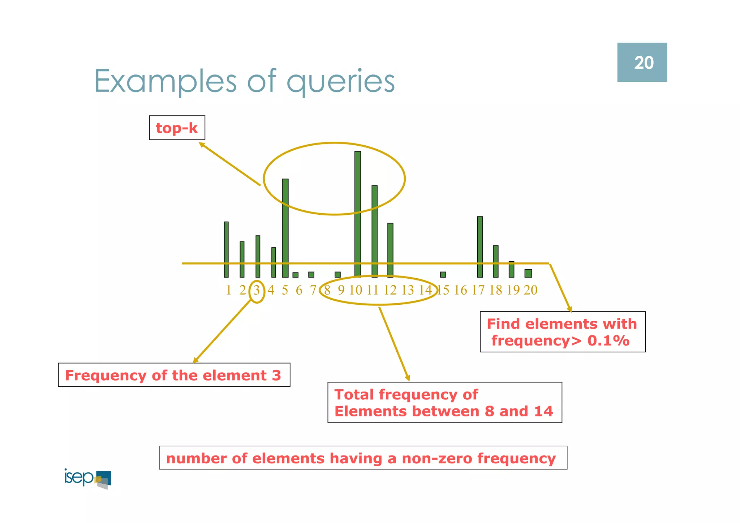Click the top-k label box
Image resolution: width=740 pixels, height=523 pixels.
[x=177, y=128]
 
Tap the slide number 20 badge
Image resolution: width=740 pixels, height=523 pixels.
[x=642, y=63]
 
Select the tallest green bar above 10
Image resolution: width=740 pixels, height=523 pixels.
[x=358, y=213]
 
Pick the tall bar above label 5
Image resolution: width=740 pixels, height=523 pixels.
[x=285, y=228]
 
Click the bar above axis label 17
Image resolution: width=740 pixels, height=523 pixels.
[x=480, y=247]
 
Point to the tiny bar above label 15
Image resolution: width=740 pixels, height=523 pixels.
[x=443, y=275]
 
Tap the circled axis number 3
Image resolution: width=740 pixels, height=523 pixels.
[x=257, y=290]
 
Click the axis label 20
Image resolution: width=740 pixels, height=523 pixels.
[x=530, y=290]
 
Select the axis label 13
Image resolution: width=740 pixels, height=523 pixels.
[x=408, y=290]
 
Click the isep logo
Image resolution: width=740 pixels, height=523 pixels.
[x=88, y=479]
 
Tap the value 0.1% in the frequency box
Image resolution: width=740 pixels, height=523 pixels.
[x=608, y=341]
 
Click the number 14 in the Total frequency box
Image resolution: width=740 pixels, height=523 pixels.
[x=543, y=411]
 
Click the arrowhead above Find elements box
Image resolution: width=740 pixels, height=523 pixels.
[x=570, y=309]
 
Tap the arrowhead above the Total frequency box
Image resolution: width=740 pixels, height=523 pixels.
[x=408, y=378]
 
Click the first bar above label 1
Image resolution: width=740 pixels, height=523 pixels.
[x=226, y=249]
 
